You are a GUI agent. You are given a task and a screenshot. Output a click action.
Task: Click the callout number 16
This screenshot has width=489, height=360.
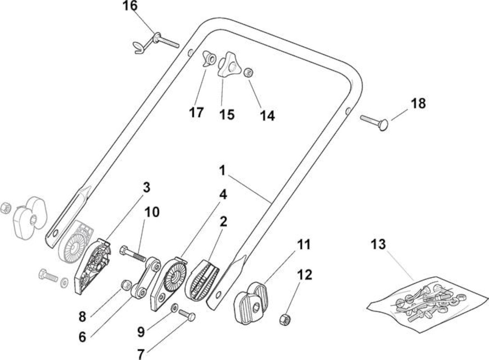coord(130,5)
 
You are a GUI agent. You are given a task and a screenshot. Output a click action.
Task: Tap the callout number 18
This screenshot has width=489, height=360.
coord(418,103)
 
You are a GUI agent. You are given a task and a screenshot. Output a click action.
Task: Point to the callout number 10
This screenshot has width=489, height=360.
coord(152,212)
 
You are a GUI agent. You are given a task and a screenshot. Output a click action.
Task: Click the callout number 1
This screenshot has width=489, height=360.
coord(222,171)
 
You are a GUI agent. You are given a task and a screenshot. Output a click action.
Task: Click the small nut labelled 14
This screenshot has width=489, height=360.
coord(248,73)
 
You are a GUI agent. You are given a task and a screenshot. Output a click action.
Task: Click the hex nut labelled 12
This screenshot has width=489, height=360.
coord(285,319)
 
